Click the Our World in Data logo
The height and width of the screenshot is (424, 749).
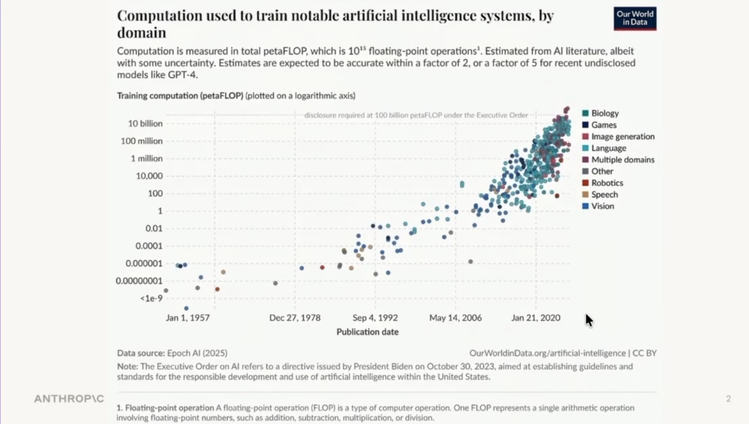coord(635,19)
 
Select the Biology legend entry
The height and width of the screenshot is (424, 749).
coord(604,113)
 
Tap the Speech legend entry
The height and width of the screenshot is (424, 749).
coord(604,194)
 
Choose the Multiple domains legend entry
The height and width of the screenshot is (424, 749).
coord(622,159)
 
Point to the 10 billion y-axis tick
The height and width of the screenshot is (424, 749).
coord(145,124)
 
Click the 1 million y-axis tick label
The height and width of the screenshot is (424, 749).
coord(146,159)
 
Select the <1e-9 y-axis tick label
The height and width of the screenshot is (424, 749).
coord(151,298)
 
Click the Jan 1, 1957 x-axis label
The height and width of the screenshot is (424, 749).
coord(187,318)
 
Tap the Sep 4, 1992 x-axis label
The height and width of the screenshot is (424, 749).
coord(375,318)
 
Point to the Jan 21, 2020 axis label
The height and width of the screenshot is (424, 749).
coord(535,318)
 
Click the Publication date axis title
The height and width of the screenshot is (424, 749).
coord(367,332)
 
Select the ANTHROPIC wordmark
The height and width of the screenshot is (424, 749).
coord(69,399)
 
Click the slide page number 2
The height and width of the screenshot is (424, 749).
coord(728,399)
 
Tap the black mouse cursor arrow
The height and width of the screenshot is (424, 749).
coord(588,320)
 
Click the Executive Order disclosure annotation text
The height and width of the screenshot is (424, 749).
coord(416,115)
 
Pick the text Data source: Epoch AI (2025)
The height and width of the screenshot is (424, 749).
coord(172,353)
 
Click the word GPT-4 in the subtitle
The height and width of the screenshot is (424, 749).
coord(182,75)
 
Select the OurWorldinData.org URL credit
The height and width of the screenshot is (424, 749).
coord(547,353)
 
